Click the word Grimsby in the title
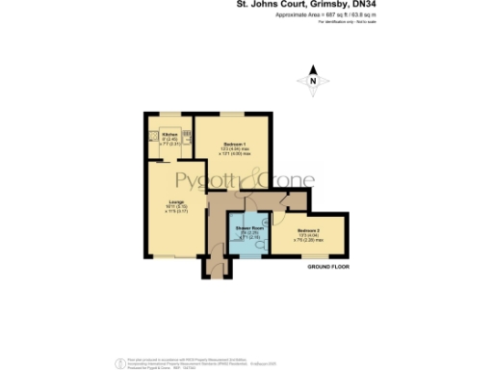coord(342,5)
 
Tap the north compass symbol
coord(313,83)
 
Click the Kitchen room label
coord(169,134)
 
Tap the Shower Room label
coord(250,228)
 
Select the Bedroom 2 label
coord(308,231)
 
